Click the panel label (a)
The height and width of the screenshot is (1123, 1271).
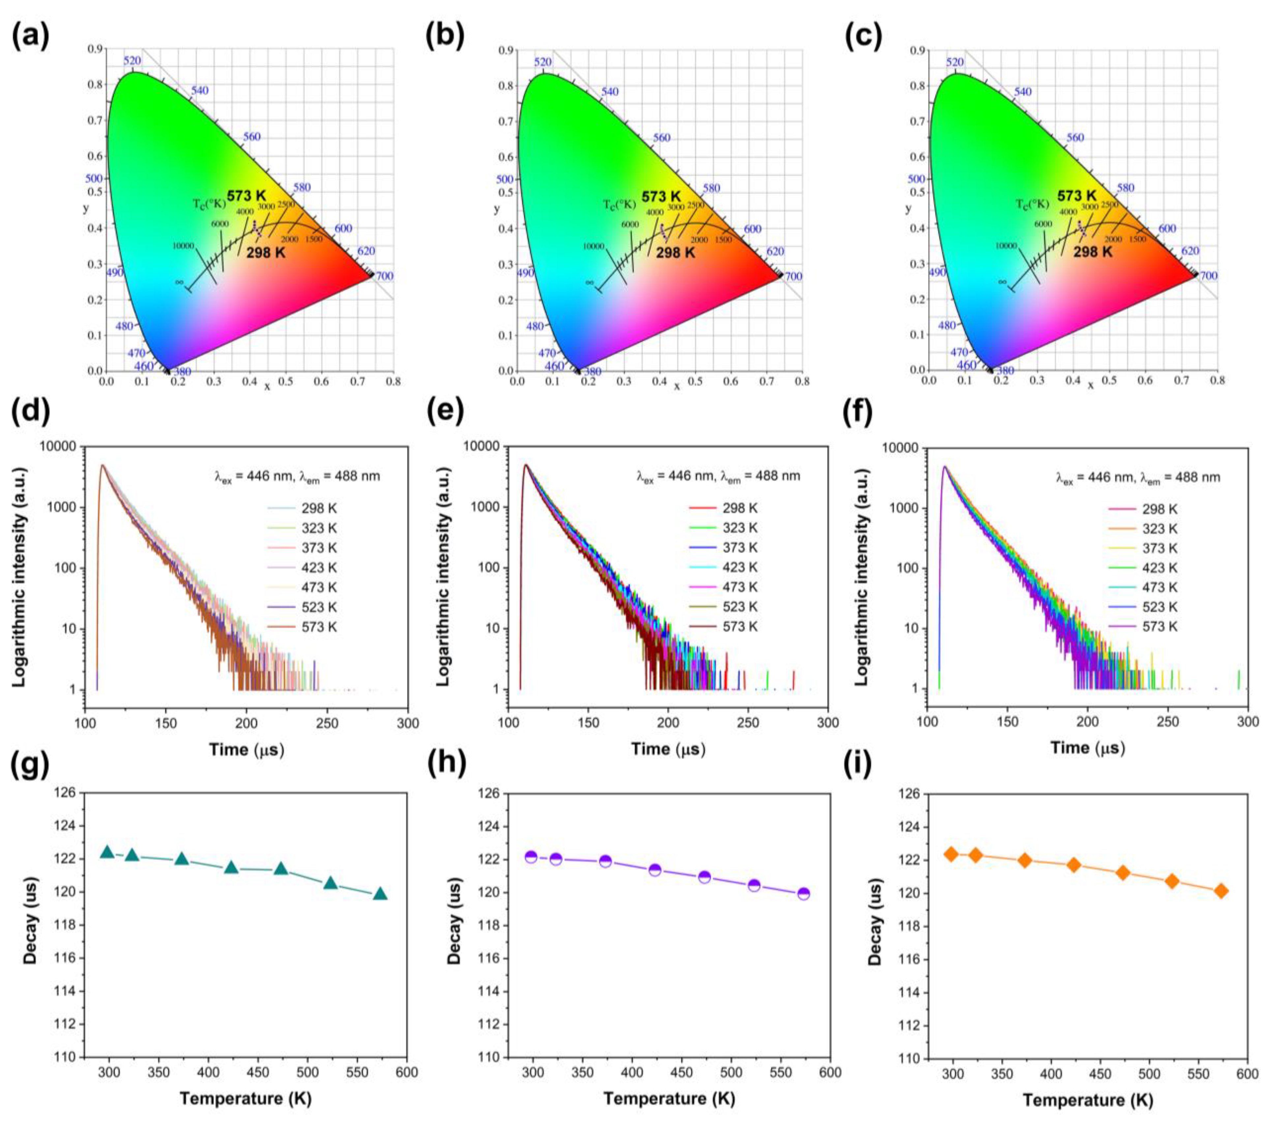(x=30, y=37)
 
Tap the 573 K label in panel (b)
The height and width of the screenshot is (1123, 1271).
(x=661, y=196)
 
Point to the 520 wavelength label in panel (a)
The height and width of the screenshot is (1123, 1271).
(x=132, y=60)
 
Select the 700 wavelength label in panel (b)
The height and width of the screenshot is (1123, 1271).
(x=793, y=277)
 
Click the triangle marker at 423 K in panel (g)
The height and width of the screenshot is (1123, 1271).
(x=231, y=867)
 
